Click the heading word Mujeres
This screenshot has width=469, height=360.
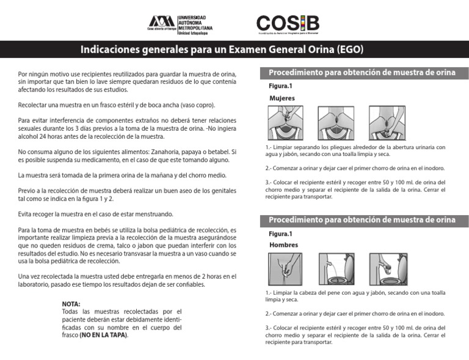(x=282, y=98)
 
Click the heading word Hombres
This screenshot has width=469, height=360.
(x=283, y=245)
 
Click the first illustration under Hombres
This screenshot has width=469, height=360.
(x=285, y=270)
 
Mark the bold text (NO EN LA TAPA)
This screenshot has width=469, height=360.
(x=104, y=335)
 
